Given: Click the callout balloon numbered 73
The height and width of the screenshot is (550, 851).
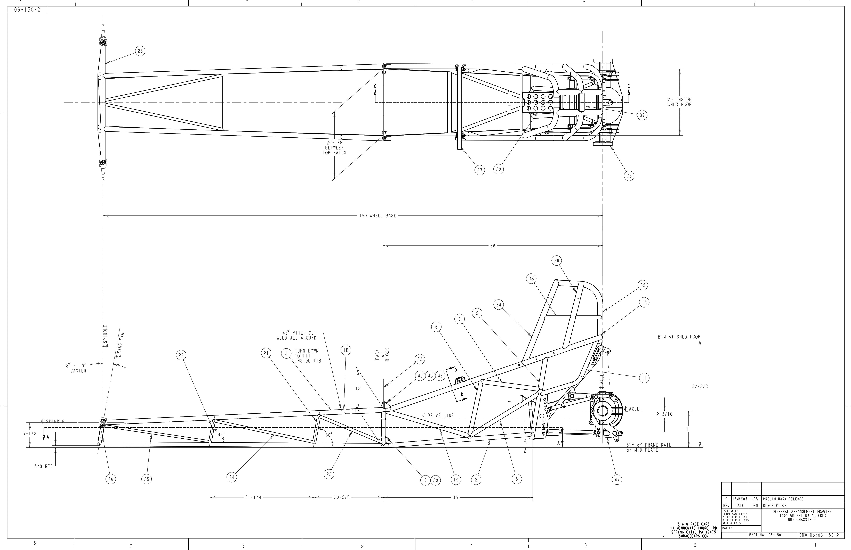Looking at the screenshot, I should coord(629,176).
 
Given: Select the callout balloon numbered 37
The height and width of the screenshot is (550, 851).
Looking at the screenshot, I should coord(642,115).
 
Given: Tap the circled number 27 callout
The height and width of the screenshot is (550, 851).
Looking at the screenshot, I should coord(480,170).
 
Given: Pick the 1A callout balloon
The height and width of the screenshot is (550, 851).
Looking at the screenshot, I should coord(644,303).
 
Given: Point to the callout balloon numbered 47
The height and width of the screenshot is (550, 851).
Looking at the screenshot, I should coord(617,480).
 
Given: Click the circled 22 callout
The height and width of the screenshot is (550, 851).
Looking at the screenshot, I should coord(181,355).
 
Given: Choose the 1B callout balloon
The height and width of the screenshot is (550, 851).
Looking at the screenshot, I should coord(346,350).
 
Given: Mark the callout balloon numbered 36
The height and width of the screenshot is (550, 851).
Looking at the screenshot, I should coord(557,261).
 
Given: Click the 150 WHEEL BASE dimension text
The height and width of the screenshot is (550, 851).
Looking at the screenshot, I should coord(378,216).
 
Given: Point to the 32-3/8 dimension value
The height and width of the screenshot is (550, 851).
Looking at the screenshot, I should coord(700,386).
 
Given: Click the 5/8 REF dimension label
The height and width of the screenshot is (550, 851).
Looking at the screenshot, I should coord(43,466).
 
